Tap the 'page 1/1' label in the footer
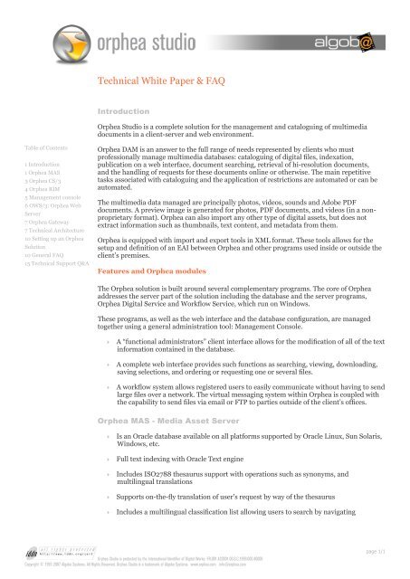(385, 548)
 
